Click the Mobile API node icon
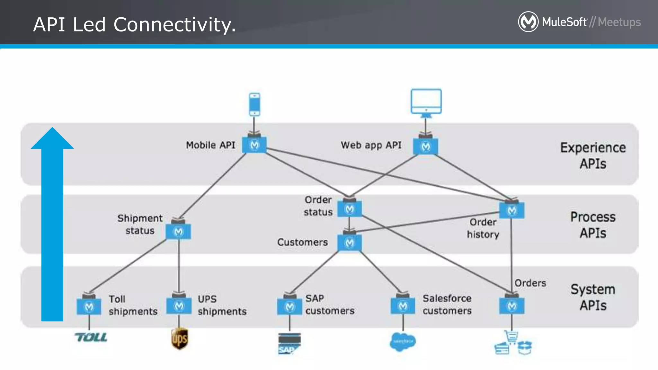pyautogui.click(x=254, y=145)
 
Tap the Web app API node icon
pyautogui.click(x=425, y=147)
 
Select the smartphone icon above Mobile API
pyautogui.click(x=254, y=104)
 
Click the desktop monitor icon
pyautogui.click(x=426, y=102)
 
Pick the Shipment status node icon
pyautogui.click(x=178, y=232)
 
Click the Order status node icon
pyautogui.click(x=350, y=209)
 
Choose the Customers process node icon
pyautogui.click(x=350, y=243)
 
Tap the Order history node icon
pyautogui.click(x=512, y=210)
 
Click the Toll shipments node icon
pyautogui.click(x=89, y=307)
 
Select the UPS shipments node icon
pyautogui.click(x=179, y=306)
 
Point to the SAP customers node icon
pyautogui.click(x=289, y=307)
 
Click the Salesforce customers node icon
pyautogui.click(x=403, y=306)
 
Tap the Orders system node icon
pyautogui.click(x=512, y=306)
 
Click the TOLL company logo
pyautogui.click(x=91, y=337)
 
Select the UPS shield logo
pyautogui.click(x=179, y=339)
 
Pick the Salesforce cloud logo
pyautogui.click(x=403, y=341)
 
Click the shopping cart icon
pyautogui.click(x=511, y=337)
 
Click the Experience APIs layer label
pyautogui.click(x=593, y=155)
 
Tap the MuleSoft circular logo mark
pyautogui.click(x=528, y=22)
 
